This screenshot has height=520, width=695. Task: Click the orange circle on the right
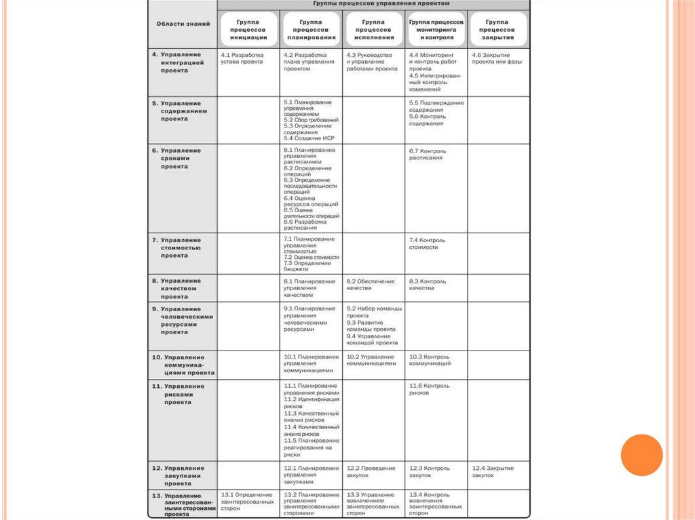click(x=641, y=455)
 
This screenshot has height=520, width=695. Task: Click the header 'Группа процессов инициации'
click(x=248, y=30)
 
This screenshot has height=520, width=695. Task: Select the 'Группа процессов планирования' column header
click(x=311, y=30)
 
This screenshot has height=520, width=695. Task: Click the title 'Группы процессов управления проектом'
click(x=373, y=4)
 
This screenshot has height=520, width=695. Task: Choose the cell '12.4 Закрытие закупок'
click(x=493, y=471)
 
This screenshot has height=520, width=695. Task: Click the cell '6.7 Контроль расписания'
click(x=428, y=154)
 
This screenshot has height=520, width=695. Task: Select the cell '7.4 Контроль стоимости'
click(x=428, y=243)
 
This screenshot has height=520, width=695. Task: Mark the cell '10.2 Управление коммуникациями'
click(x=371, y=359)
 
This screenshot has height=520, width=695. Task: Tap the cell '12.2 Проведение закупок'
click(x=371, y=471)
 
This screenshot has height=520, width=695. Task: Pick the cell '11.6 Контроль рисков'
click(x=429, y=389)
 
